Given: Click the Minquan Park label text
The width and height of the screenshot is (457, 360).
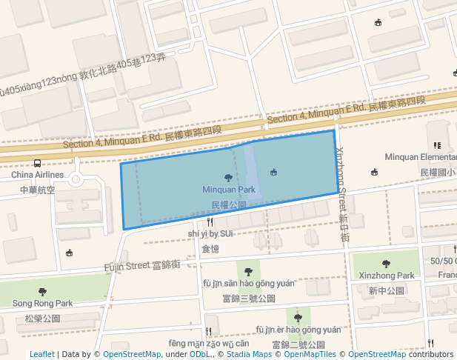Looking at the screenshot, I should point(229,190).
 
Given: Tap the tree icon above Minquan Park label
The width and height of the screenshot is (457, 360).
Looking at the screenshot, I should point(228,178).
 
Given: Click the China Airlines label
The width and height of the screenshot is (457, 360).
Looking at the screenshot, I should point(37,176).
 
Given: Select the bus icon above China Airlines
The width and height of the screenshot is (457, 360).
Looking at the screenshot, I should point(37,164).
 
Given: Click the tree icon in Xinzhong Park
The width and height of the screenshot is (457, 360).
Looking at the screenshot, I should point(386,264).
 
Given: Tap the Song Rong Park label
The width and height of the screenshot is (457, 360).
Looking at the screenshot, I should point(42,303).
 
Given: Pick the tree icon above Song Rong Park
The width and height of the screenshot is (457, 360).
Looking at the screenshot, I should point(42,292).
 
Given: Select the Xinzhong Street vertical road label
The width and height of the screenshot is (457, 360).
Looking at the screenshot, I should point(343,185).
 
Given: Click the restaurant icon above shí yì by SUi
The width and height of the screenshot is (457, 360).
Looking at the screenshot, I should point(210,221).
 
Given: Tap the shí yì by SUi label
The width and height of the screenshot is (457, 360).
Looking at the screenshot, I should point(210,233).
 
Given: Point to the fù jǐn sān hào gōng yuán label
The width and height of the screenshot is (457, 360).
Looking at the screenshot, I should point(249,284).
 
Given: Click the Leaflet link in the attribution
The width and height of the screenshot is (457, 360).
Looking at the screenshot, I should point(41,354).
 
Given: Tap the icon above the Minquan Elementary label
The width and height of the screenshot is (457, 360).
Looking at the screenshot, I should point(437,145).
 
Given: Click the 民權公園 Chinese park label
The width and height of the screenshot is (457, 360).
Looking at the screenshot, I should point(228,204).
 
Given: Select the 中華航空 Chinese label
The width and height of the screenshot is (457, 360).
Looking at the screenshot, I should point(36,190).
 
